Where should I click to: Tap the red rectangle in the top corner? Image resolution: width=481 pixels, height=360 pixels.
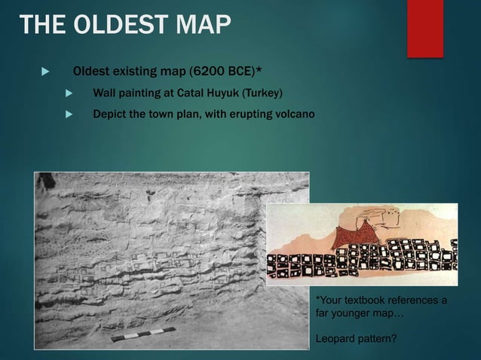[425, 27]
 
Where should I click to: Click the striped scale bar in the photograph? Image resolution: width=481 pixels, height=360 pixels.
[143, 334]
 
